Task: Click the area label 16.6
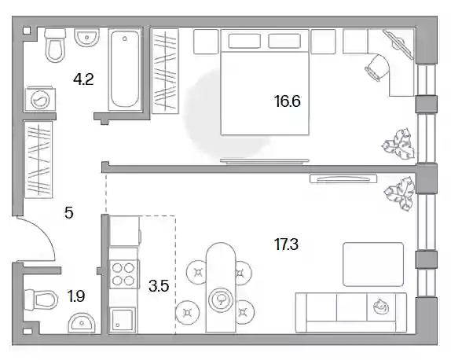287,101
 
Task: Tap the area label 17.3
287,244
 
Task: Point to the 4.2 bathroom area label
83,79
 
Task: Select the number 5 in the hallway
69,213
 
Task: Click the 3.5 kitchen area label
159,286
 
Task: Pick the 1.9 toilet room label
76,296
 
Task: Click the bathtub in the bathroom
125,69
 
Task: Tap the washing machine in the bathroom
40,99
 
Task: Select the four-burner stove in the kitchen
124,274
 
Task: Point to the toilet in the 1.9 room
41,299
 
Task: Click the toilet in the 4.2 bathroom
55,45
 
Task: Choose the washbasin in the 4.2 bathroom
86,38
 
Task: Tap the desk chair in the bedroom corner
377,67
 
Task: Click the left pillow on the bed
244,41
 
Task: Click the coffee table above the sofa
373,264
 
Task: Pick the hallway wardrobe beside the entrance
38,160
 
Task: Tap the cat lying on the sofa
381,307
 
